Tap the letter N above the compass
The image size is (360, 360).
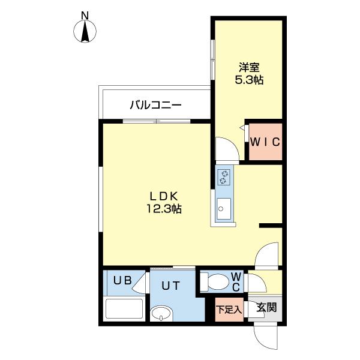click(x=85, y=14)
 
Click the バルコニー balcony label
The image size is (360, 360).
click(x=155, y=106)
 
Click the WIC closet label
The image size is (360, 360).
click(x=265, y=143)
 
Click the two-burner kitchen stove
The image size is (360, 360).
click(x=224, y=176)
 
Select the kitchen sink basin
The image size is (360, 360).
click(x=223, y=209)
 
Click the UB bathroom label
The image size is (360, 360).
click(x=122, y=280)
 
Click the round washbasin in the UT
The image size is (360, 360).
click(x=161, y=314)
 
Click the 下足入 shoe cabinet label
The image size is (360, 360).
click(x=229, y=310)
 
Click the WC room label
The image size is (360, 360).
click(x=236, y=281)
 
